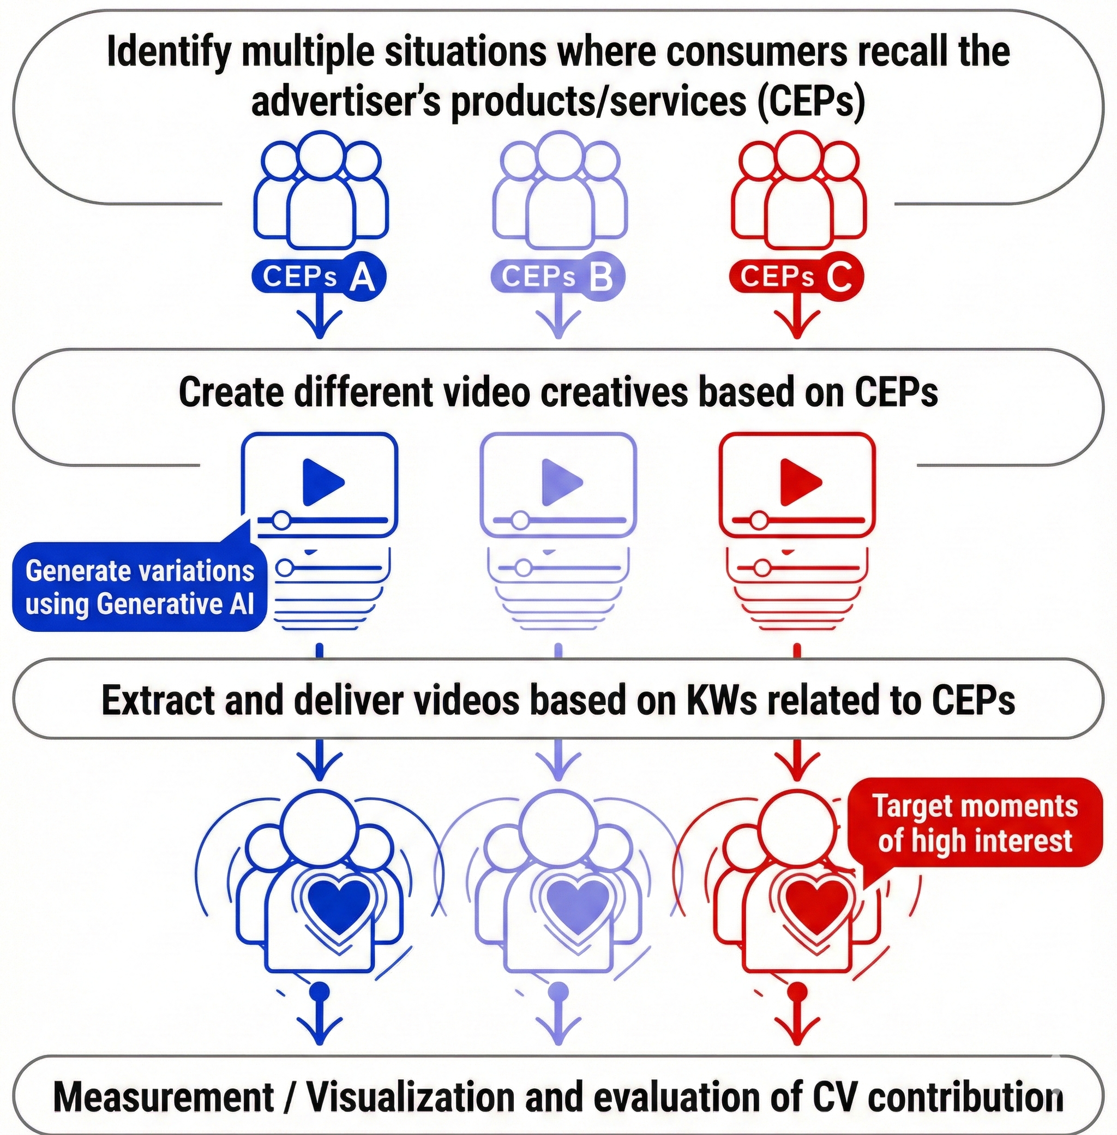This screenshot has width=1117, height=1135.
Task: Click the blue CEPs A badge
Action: coord(319,277)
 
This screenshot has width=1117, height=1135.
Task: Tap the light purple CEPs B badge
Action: coord(558,277)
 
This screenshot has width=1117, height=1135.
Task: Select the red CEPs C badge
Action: coord(797,277)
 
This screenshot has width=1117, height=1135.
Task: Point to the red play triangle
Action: coord(799,482)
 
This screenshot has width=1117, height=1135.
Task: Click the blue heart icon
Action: coord(340,903)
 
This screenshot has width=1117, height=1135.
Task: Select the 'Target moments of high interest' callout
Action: coord(975,823)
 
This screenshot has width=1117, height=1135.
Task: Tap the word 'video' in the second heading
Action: coord(487,393)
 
